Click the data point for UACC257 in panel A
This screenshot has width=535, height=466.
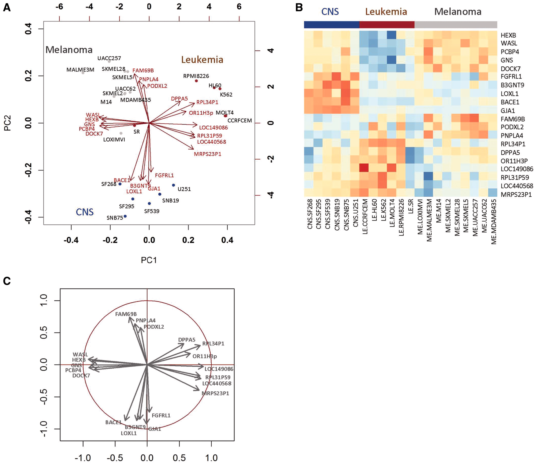pos(109,61)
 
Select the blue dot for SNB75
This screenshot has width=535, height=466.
pos(125,216)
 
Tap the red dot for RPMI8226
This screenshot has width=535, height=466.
pos(196,81)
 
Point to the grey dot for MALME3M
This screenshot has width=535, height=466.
pos(83,73)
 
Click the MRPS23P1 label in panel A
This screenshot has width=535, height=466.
pos(208,154)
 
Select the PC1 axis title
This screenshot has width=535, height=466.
pos(149,260)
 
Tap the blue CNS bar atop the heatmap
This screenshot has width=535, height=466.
pos(331,25)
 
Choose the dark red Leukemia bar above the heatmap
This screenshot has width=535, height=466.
pos(387,25)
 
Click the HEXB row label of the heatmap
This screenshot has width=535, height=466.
pos(508,35)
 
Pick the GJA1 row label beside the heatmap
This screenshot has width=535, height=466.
pos(508,111)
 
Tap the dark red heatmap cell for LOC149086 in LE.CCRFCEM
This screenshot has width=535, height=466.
pos(364,168)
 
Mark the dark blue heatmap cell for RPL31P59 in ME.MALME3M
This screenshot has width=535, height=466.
pos(428,176)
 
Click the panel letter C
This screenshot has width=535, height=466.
pos(7,281)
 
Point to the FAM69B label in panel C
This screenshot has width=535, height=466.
pos(126,314)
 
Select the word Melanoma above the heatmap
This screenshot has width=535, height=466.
pos(458,12)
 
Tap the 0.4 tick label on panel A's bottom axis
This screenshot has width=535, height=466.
pos(227,240)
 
